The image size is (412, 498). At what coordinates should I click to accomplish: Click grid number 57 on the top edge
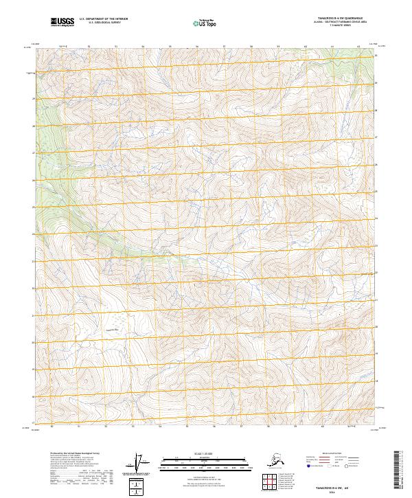224,46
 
